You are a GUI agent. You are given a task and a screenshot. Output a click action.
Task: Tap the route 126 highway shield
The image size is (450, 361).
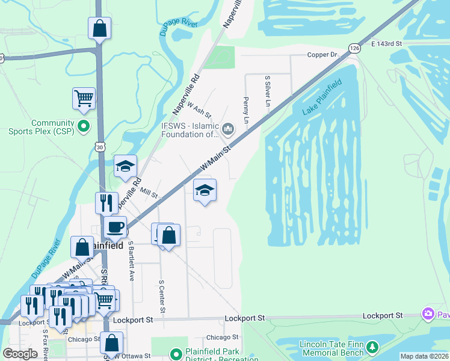(x=354, y=47)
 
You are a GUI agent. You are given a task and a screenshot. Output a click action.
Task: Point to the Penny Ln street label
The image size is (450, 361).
(x=245, y=110)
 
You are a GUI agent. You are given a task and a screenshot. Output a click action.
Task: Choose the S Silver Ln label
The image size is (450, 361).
(x=268, y=90)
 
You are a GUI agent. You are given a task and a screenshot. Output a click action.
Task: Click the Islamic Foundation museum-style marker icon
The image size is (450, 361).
(x=228, y=128)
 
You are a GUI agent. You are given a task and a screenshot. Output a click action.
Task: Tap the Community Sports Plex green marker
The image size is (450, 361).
(x=84, y=127)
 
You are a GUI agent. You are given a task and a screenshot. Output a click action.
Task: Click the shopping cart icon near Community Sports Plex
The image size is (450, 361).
(x=84, y=98)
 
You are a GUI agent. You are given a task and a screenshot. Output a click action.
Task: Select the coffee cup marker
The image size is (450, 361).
(x=114, y=227)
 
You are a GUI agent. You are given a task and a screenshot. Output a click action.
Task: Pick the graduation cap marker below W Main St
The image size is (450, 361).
(x=205, y=190)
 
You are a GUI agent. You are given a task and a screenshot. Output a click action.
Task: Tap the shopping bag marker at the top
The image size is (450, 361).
(x=99, y=28)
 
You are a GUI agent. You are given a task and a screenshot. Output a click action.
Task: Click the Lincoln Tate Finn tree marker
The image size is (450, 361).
(x=373, y=347)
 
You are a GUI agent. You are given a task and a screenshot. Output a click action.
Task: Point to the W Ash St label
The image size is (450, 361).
(x=200, y=110)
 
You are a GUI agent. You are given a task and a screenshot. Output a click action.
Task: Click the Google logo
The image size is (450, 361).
(x=20, y=354)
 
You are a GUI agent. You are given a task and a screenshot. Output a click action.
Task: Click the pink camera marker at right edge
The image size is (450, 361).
(x=428, y=314)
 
